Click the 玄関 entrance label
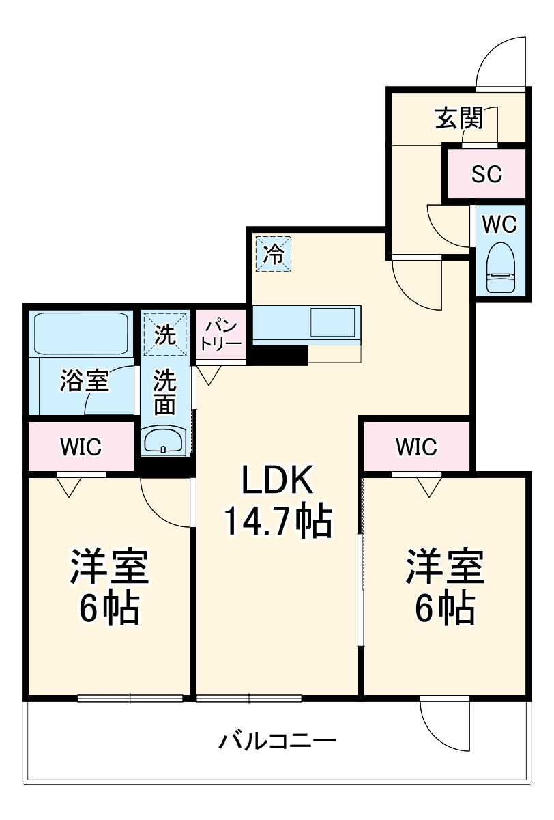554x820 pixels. click(459, 119)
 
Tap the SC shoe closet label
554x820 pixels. click(486, 174)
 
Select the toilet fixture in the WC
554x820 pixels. click(501, 268)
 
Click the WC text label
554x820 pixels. click(501, 224)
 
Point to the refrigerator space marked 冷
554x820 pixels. click(273, 254)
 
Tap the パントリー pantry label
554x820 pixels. click(221, 334)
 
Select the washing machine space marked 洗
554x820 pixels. click(164, 334)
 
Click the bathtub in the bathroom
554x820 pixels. click(81, 333)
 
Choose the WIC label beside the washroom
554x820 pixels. click(81, 448)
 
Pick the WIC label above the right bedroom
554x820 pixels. click(416, 447)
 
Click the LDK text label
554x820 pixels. click(277, 481)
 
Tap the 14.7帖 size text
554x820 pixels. click(278, 522)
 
